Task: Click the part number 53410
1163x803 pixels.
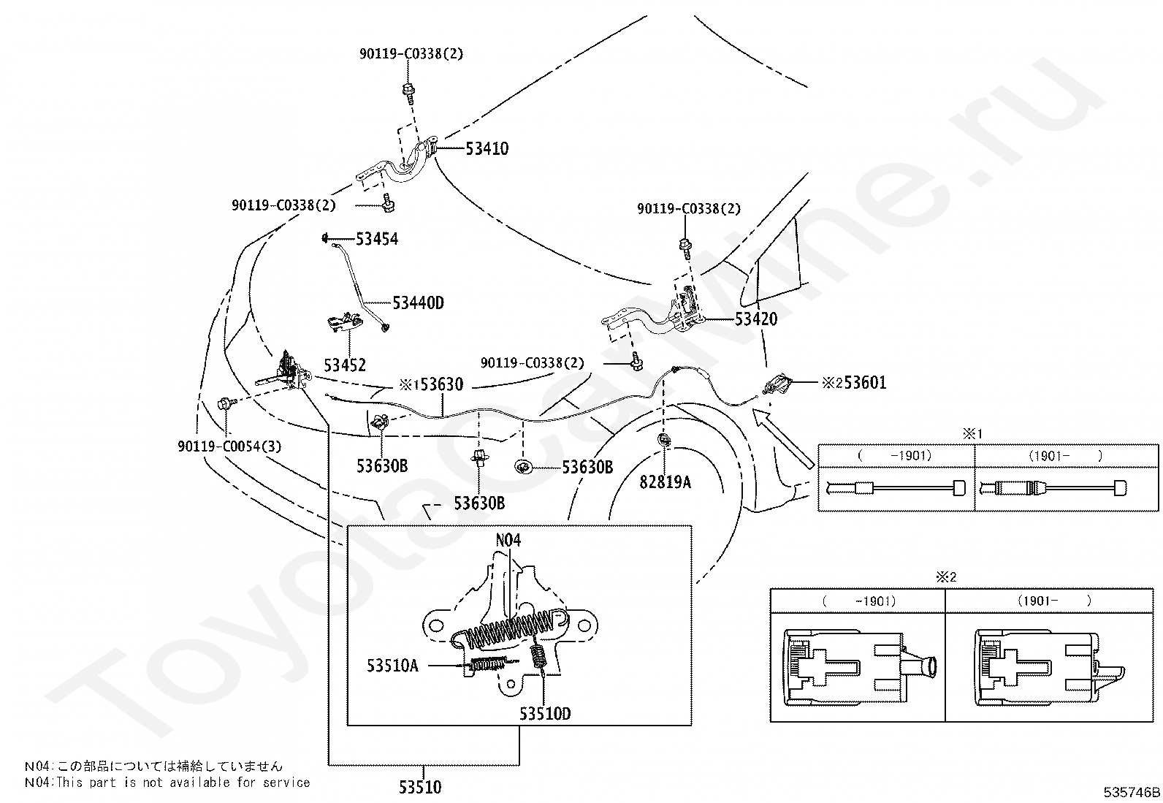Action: pos(487,148)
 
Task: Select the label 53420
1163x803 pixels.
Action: pos(756,319)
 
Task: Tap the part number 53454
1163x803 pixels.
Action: pos(377,239)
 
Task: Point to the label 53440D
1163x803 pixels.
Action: pos(418,302)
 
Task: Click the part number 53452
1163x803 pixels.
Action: pos(345,365)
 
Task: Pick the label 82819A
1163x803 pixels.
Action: pos(665,482)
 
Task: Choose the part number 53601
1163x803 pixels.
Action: pos(865,383)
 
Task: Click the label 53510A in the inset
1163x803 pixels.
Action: pos(392,666)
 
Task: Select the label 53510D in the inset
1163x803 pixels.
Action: pos(545,714)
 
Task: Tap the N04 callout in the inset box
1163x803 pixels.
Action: pos(508,540)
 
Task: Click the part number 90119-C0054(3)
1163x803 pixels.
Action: pos(229,446)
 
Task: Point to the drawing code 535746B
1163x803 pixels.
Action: pos(1132,792)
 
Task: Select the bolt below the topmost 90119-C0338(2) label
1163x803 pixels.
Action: pos(409,92)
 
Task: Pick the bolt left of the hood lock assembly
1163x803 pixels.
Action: pos(227,403)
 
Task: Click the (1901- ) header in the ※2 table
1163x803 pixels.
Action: pos(1054,601)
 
